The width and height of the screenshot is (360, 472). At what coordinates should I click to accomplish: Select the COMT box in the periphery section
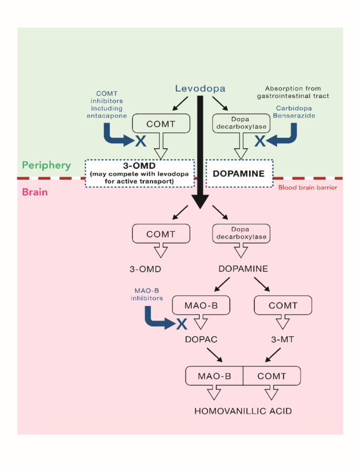pos(160,124)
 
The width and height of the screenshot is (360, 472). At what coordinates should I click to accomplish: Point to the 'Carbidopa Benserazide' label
pos(296,111)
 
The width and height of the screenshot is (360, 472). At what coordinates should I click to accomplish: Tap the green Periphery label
pos(46,165)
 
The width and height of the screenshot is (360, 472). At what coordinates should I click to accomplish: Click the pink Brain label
pos(35,192)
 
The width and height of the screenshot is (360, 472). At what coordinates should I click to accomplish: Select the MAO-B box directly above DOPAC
pos(201,305)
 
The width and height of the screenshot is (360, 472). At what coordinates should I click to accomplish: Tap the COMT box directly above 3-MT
pos(283,305)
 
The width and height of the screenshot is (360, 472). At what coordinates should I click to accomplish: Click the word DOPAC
pos(201,340)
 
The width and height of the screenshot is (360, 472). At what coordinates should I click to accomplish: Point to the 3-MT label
pos(283,340)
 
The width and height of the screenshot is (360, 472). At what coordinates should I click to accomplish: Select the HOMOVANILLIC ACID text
pos(243,411)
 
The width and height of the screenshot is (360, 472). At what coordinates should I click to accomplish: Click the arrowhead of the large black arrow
pos(200,202)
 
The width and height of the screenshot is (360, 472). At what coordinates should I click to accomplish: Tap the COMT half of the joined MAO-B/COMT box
pos(272,376)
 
